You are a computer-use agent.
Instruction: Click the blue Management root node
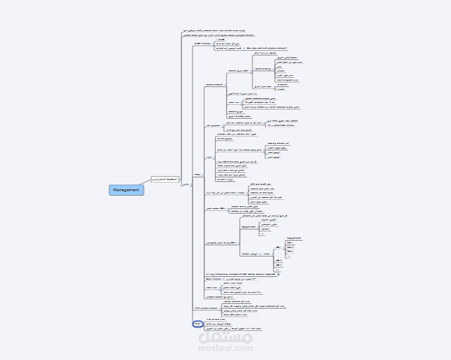pyautogui.click(x=126, y=190)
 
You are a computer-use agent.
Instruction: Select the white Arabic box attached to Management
pyautogui.click(x=164, y=179)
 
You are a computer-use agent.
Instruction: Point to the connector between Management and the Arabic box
pyautogui.click(x=146, y=183)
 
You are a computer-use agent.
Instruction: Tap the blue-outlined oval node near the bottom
pyautogui.click(x=197, y=324)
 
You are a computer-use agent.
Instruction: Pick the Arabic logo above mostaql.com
pyautogui.click(x=225, y=335)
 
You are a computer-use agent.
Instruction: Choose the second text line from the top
pyautogui.click(x=218, y=35)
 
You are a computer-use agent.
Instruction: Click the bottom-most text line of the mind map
pyautogui.click(x=233, y=328)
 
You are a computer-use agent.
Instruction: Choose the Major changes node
pyautogui.click(x=212, y=279)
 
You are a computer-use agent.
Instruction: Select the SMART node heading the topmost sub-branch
pyautogui.click(x=202, y=44)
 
